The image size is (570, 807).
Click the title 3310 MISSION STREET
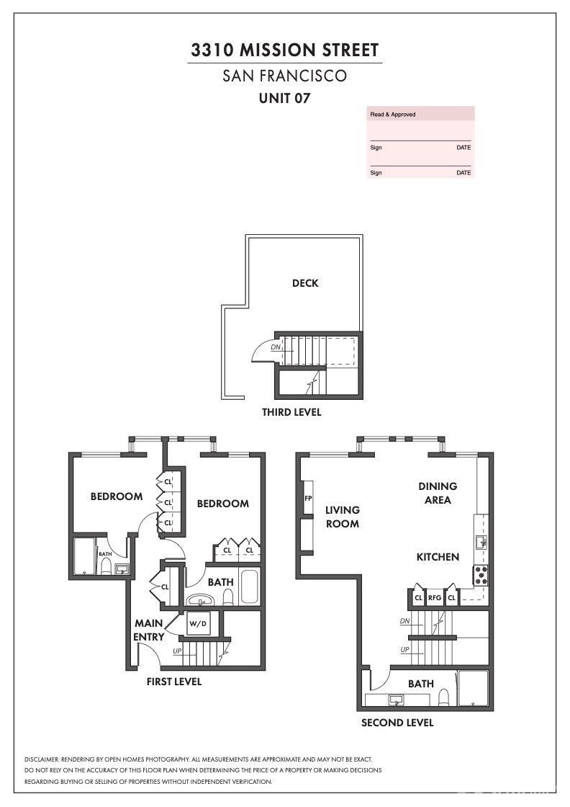coord(284,50)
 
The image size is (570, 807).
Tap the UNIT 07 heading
coord(284,98)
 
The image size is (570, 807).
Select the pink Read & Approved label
coord(393,115)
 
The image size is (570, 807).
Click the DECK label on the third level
coord(305,283)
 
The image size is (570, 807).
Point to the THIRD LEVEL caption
coord(291,412)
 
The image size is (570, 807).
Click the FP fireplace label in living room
coord(308,498)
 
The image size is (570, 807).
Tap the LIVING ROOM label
coord(342,517)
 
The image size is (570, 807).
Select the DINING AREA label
coord(438,493)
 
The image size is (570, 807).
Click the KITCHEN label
coord(438,557)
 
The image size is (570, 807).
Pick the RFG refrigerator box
coord(435,597)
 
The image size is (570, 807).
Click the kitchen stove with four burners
coord(480,575)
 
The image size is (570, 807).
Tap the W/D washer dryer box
coord(198,623)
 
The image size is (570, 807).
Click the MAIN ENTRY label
coord(149,630)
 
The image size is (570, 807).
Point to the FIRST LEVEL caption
coord(174,682)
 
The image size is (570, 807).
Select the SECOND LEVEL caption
coord(397,723)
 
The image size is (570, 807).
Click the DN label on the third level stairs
coord(275,347)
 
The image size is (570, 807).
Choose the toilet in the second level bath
coord(444,697)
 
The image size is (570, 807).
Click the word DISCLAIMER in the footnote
coord(42,759)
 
